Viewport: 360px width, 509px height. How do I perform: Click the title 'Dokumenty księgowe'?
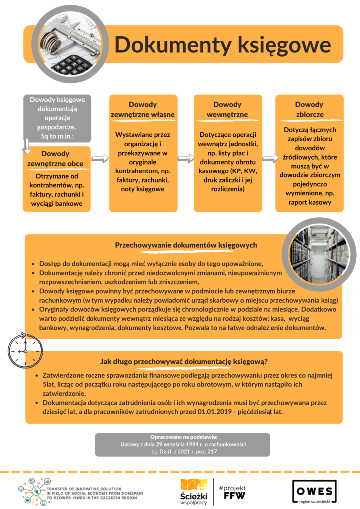223,44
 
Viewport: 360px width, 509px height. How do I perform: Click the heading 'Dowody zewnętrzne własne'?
143,109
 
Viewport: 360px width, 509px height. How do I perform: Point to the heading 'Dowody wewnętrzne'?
227,109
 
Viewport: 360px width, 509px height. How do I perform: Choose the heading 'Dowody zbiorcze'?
309,109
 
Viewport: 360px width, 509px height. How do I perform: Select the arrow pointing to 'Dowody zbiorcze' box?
270,158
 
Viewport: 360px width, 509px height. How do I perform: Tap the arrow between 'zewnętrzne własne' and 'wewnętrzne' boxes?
185,158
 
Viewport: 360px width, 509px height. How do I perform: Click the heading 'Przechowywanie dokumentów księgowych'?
186,245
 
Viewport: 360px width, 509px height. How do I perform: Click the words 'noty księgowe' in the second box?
143,189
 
